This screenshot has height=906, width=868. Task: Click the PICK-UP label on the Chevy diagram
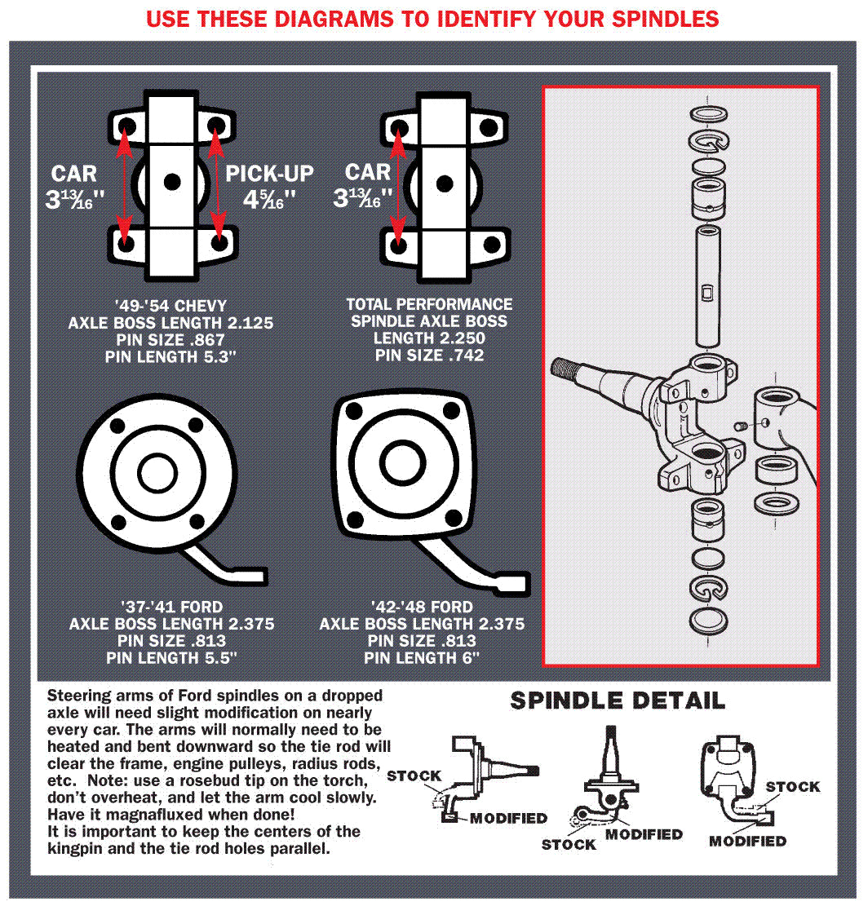pyautogui.click(x=269, y=174)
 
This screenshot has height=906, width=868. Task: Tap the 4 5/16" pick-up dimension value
pyautogui.click(x=269, y=199)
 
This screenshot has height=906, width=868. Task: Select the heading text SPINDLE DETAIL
pyautogui.click(x=617, y=700)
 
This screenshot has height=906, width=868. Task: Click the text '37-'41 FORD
pyautogui.click(x=171, y=608)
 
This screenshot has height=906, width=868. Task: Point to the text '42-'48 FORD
pyautogui.click(x=421, y=608)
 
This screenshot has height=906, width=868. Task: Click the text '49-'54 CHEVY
pyautogui.click(x=170, y=307)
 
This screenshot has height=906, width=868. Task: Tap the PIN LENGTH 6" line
pyautogui.click(x=421, y=658)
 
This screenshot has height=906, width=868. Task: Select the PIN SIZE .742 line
pyautogui.click(x=430, y=356)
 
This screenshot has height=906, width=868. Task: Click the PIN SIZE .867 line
pyautogui.click(x=170, y=340)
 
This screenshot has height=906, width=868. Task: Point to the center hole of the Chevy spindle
pyautogui.click(x=171, y=181)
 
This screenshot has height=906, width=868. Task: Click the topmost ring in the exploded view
pyautogui.click(x=706, y=113)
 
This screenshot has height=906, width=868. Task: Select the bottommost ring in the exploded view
pyautogui.click(x=706, y=620)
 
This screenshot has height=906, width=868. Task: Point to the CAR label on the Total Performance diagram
pyautogui.click(x=368, y=172)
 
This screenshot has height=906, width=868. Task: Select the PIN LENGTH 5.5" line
pyautogui.click(x=171, y=658)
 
